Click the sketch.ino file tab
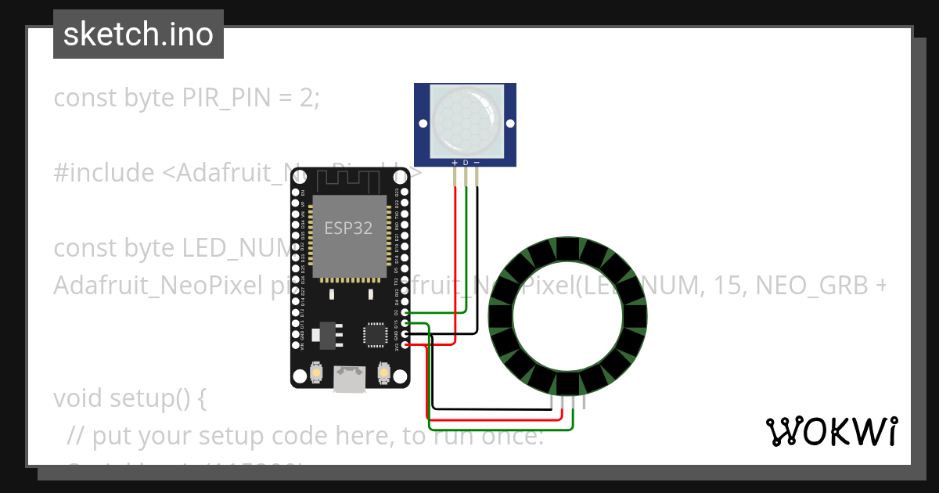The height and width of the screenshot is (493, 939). coord(139,34)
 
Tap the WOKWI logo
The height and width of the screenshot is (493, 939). coord(831,431)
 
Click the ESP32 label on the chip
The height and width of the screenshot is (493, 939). coord(349,228)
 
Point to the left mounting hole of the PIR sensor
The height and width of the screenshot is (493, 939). coord(422,124)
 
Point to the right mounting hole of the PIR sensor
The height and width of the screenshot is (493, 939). coord(509,124)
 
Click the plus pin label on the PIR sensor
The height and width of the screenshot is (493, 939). coord(455,162)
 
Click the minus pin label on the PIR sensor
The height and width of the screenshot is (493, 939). coord(477,162)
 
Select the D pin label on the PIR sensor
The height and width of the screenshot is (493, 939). coord(466,162)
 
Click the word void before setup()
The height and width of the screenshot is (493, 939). coord(79,398)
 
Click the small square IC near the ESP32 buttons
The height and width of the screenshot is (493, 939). coord(374,335)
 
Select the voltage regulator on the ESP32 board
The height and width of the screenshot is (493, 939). coord(326,336)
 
